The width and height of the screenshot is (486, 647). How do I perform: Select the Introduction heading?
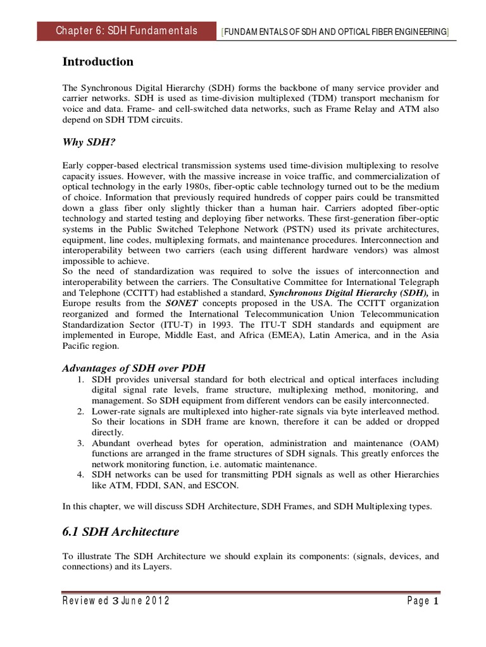tap(97, 62)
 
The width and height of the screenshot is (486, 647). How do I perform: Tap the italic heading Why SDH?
tap(86, 143)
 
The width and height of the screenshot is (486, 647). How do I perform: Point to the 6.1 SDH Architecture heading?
tap(120, 533)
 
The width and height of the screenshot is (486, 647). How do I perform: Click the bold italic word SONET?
tap(182, 303)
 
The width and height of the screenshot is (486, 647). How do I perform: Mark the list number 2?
tap(80, 412)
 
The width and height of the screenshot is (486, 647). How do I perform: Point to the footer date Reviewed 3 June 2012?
tap(116, 601)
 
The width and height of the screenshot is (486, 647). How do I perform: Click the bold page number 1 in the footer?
tap(436, 601)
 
